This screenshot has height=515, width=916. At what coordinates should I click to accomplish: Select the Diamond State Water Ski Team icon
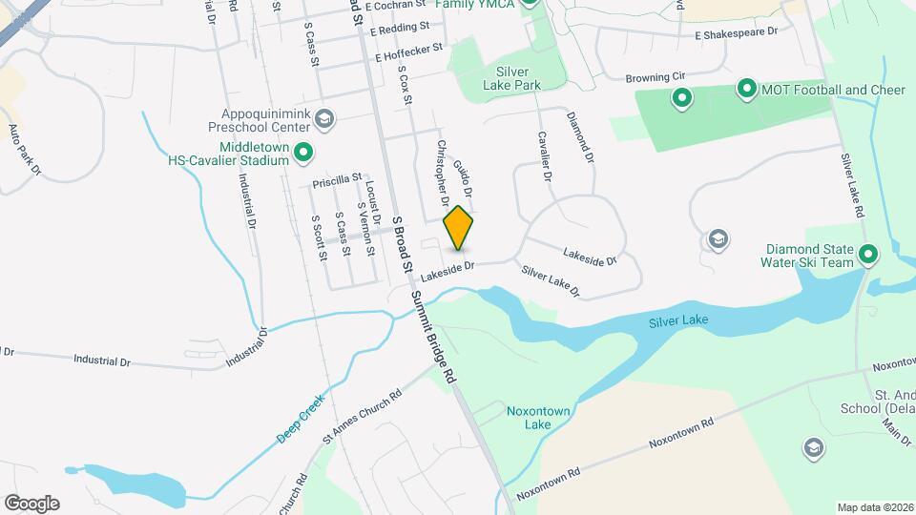coord(867,255)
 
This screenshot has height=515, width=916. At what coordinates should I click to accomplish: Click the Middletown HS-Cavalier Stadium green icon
coord(303,151)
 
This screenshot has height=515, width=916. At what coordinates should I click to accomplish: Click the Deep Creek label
coord(301,419)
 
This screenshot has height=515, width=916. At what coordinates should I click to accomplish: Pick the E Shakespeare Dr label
coord(737,32)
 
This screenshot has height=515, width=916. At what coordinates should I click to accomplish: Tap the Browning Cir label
coord(656,76)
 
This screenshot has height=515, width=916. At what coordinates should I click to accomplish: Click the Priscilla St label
coord(337,179)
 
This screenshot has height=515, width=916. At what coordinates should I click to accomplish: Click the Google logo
coord(31,503)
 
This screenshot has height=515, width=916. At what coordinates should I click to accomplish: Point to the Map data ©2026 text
coord(874,507)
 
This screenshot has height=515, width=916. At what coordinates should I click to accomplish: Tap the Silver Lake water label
coord(678,320)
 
